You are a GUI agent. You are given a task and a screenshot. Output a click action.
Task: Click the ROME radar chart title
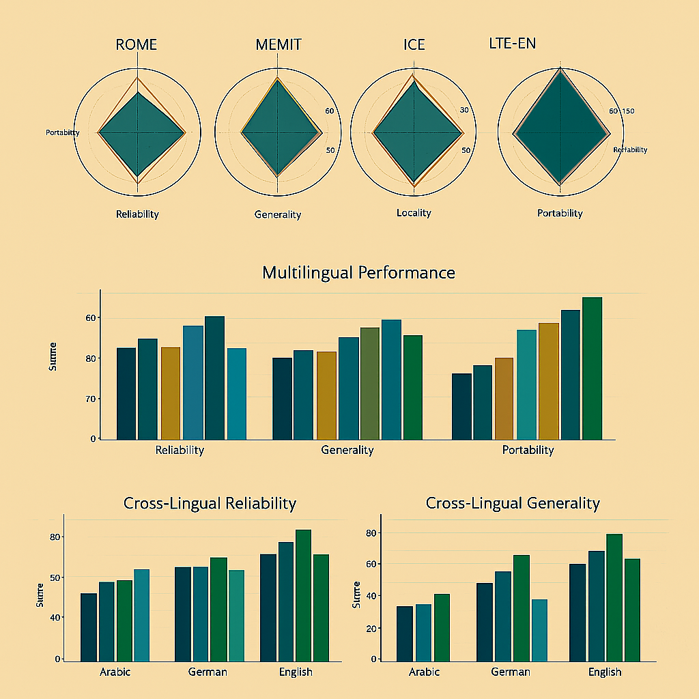[137, 45]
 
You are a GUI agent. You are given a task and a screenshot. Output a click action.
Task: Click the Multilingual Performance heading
[358, 273]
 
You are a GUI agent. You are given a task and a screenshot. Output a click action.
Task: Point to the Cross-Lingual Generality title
[513, 503]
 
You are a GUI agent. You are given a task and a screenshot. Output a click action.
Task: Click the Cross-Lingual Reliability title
[210, 504]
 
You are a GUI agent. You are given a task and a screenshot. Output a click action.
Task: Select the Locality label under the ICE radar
[414, 213]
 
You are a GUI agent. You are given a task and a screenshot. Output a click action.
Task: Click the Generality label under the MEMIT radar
[278, 214]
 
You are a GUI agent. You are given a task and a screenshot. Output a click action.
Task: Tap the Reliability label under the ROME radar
[137, 214]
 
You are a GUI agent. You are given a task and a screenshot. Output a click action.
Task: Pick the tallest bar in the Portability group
[592, 369]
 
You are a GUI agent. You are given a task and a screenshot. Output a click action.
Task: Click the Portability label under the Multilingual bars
[528, 450]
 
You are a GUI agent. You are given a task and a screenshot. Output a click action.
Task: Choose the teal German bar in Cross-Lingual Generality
[539, 630]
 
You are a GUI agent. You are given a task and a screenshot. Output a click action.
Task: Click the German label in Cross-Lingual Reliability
[208, 672]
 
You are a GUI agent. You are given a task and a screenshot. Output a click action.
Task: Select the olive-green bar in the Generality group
[369, 383]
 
